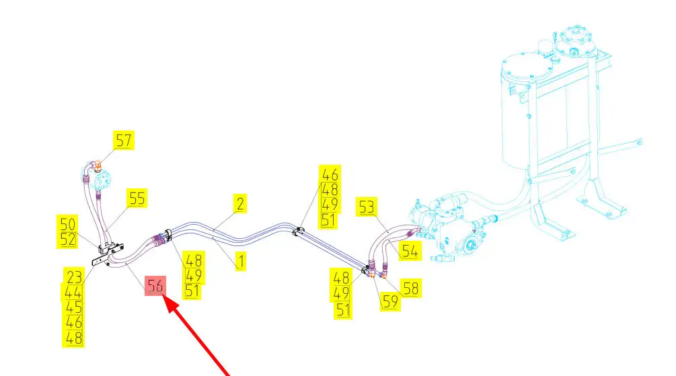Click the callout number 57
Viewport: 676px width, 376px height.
click(124, 140)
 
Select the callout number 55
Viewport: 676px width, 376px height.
click(137, 198)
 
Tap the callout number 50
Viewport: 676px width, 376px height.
click(69, 223)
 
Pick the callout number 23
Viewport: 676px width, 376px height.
click(74, 276)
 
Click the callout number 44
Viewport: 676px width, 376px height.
click(74, 292)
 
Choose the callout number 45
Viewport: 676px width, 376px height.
click(74, 307)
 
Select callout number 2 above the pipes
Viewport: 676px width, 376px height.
click(239, 202)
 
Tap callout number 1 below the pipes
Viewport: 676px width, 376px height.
click(239, 261)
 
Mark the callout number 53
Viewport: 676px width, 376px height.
click(367, 207)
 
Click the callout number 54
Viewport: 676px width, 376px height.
click(410, 252)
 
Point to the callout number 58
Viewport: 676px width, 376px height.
click(411, 287)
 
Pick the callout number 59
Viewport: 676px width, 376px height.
click(390, 301)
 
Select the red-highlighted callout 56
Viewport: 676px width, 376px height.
click(155, 286)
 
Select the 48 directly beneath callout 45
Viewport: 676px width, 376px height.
click(74, 338)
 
